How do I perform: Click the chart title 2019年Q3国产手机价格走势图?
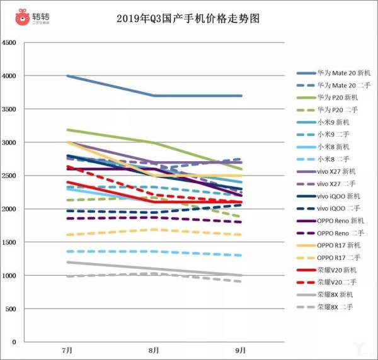188,18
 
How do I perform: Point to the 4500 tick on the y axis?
11,43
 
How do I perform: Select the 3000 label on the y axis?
11,142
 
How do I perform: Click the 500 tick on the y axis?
13,309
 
